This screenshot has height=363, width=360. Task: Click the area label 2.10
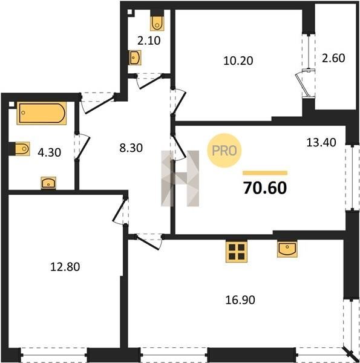(149, 41)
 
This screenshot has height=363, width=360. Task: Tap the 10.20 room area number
(238, 61)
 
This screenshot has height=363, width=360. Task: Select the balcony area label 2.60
(333, 58)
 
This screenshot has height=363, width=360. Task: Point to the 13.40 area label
(321, 142)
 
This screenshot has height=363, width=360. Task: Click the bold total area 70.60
(265, 188)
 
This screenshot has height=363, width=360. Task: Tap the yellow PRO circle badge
(224, 151)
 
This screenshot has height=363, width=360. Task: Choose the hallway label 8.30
(131, 148)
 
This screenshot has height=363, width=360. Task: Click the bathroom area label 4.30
(50, 152)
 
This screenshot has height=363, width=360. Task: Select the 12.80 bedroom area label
(65, 267)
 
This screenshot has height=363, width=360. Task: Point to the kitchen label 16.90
(240, 300)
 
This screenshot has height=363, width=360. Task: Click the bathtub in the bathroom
(42, 113)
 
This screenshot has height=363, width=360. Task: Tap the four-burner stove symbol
(237, 252)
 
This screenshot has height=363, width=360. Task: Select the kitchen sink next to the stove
(287, 249)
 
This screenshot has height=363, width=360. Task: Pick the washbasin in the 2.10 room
(135, 57)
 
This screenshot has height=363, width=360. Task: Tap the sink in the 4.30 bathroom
(48, 183)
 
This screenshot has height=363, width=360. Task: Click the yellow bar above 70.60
(265, 173)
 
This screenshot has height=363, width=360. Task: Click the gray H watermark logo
(180, 178)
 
